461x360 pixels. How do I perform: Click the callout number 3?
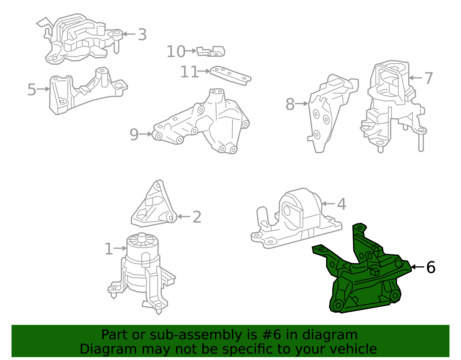[142, 35]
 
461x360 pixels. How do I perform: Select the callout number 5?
[32, 90]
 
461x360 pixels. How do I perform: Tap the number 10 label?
[176, 52]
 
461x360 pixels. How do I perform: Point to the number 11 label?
[189, 72]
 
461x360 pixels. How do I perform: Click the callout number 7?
[429, 78]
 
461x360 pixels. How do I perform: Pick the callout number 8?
[290, 104]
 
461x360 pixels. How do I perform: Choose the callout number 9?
[134, 135]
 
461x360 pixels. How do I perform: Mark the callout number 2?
[197, 217]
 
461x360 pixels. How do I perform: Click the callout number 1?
[109, 249]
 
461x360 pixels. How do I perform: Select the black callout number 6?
[431, 267]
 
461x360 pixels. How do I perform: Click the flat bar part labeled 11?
[231, 75]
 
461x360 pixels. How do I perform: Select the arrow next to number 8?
[302, 104]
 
